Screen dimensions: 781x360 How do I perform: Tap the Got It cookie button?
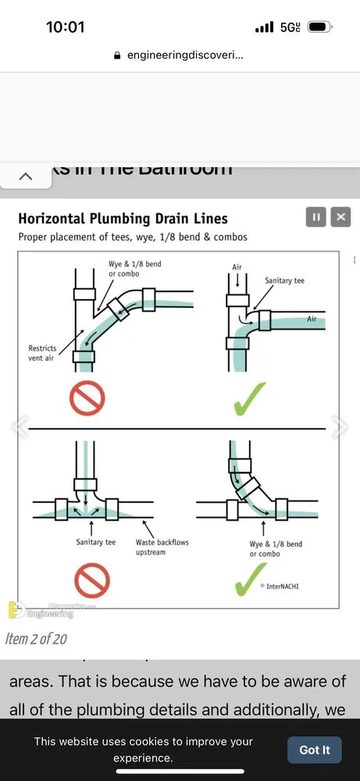[x=314, y=750]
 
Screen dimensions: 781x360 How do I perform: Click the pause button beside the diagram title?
[x=315, y=217]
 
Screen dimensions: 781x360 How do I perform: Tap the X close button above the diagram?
[x=340, y=217]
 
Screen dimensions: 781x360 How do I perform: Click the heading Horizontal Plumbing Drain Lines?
[x=123, y=219]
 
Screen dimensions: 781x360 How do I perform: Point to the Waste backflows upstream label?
[x=162, y=547]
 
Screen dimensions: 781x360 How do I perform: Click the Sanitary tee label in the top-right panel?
[x=284, y=280]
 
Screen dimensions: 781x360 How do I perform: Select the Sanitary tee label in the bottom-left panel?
[x=95, y=542]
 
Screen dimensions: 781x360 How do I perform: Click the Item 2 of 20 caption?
[x=36, y=639]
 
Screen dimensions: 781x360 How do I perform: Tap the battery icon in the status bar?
[x=319, y=27]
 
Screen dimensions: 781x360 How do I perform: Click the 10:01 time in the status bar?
[x=65, y=27]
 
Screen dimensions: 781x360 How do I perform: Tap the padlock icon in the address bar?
[x=117, y=56]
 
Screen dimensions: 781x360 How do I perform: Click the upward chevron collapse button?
[x=25, y=177]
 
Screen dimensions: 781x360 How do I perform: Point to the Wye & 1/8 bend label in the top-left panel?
[x=134, y=269]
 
